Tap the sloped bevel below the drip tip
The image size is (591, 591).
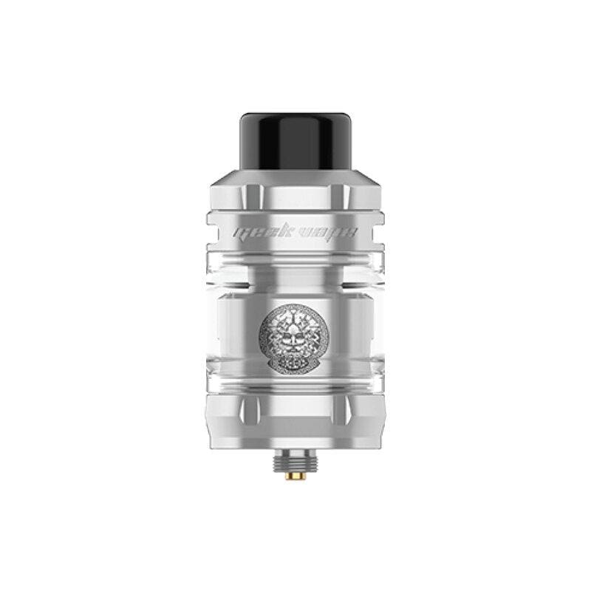(x=295, y=181)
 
